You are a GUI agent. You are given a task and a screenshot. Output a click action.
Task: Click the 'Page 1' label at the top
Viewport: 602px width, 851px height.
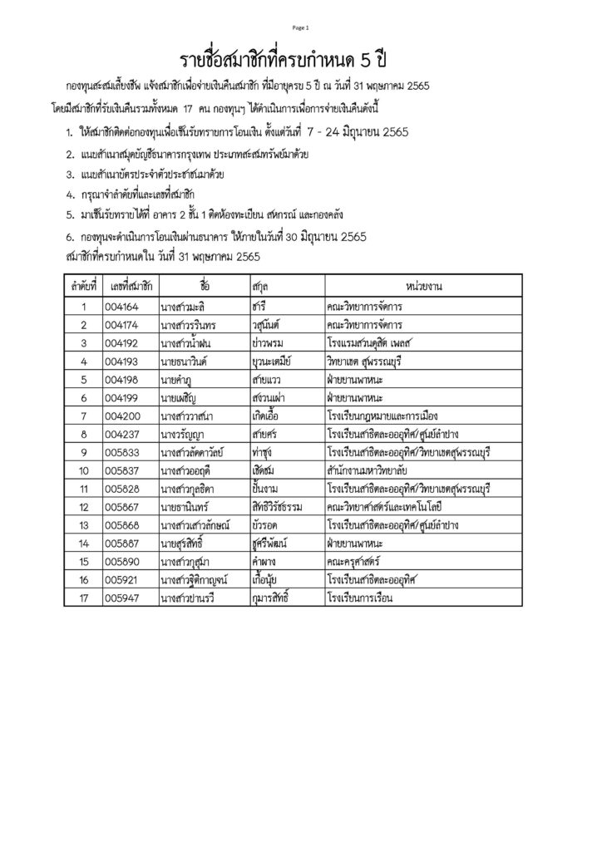(300, 27)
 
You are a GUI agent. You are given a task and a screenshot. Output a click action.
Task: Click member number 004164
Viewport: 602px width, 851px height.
(122, 306)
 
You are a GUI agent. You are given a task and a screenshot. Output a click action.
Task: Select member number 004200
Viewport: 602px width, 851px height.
(122, 416)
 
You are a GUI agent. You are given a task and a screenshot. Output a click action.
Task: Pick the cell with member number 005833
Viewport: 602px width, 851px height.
(122, 452)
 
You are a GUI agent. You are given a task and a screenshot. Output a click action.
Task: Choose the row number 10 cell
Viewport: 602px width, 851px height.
(84, 470)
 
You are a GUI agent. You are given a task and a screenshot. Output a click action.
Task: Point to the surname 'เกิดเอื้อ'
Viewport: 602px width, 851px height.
(268, 416)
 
